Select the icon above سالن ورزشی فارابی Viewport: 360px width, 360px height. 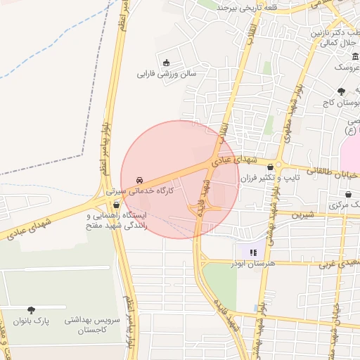pos(166,63)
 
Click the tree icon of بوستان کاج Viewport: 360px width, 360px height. pos(341,91)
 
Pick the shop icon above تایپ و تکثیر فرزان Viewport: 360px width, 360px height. pos(271,167)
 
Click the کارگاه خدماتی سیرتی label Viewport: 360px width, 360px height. pos(138,191)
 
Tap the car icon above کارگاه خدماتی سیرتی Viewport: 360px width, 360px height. pos(137,179)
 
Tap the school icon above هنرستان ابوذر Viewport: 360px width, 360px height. pos(253,252)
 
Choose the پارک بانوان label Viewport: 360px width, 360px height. pos(32,321)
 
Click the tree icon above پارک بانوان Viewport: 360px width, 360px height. pos(31,309)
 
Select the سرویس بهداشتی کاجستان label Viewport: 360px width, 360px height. pos(93,324)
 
